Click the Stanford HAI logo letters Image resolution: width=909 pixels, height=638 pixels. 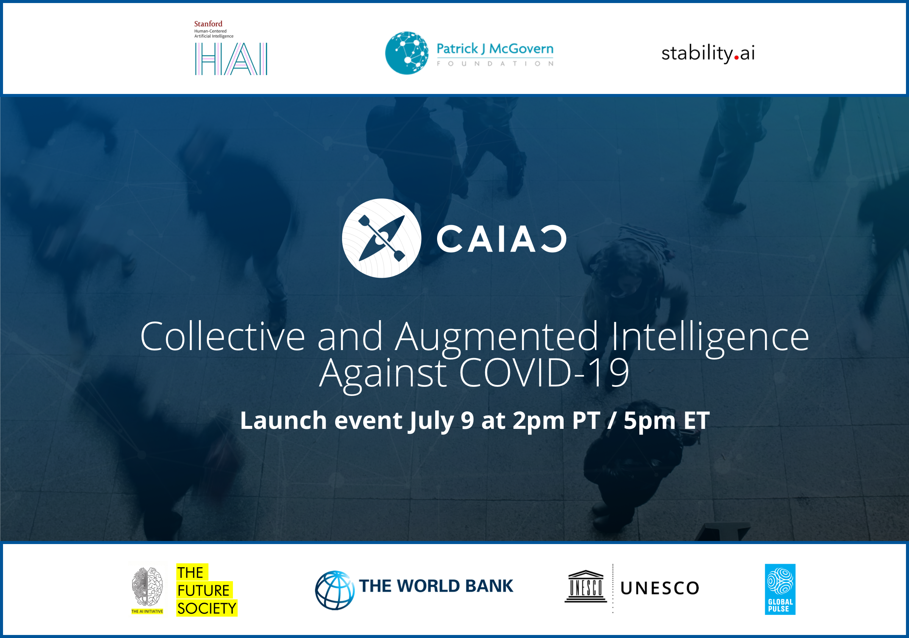231,59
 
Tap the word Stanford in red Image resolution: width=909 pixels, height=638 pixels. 208,24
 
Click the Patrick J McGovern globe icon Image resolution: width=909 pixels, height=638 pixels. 407,53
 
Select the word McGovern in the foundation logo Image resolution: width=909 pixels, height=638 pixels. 521,49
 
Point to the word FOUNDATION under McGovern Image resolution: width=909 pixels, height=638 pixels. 495,63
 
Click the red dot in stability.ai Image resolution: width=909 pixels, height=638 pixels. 736,58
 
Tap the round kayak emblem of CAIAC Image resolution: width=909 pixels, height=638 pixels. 382,238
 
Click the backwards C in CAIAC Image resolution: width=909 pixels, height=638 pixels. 553,239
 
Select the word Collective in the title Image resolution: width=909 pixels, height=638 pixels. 222,337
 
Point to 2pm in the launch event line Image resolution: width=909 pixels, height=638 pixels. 539,421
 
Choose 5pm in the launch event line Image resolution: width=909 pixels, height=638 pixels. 650,421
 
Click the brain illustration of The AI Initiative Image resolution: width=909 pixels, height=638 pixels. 147,586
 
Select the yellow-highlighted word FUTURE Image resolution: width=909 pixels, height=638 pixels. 204,590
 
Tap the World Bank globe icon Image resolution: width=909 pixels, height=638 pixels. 335,590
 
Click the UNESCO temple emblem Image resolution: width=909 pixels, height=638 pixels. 586,586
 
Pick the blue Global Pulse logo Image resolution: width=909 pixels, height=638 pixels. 780,589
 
